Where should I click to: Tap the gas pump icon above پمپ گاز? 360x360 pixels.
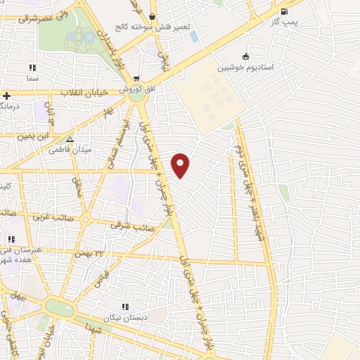tap(284, 11)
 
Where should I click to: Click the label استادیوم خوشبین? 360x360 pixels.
tap(245, 67)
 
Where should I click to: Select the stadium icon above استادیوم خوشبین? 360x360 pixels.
tap(245, 56)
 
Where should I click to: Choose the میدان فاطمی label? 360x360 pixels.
tap(69, 150)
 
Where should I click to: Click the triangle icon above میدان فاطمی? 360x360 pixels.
tap(69, 139)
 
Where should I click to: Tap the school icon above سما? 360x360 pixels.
tap(32, 68)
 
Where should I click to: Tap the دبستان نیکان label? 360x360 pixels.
tap(125, 318)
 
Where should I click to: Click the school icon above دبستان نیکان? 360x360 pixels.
tap(125, 307)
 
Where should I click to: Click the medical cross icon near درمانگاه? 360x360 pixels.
tap(6, 96)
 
